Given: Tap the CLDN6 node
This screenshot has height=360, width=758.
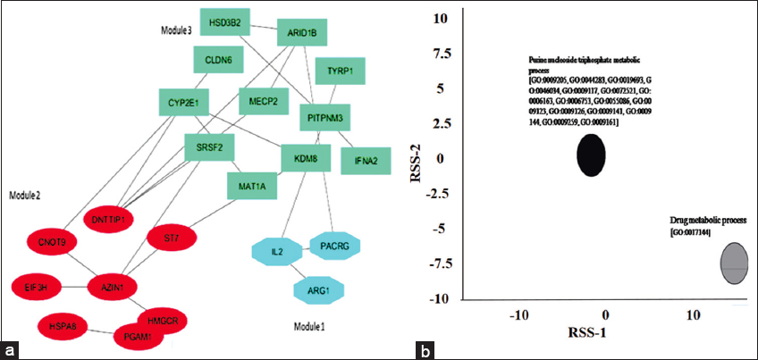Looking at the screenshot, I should (219, 61).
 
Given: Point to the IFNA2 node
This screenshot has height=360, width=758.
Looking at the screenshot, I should (366, 161).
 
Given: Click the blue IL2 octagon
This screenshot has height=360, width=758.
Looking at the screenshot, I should (278, 254).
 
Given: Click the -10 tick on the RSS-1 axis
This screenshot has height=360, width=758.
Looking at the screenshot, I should (520, 315).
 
